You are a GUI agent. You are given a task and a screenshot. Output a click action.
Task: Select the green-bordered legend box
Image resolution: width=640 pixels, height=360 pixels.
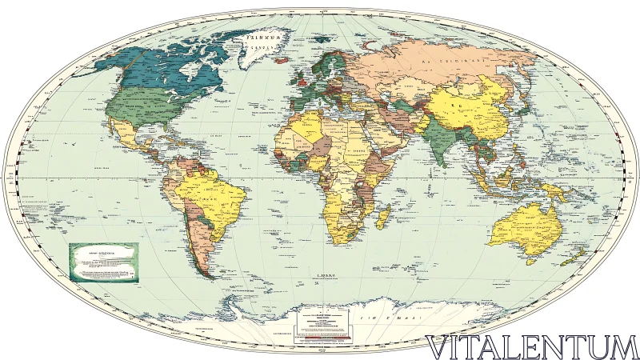tap(106, 262)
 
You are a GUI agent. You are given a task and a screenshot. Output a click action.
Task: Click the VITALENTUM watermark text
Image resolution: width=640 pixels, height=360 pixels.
tap(532, 346)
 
